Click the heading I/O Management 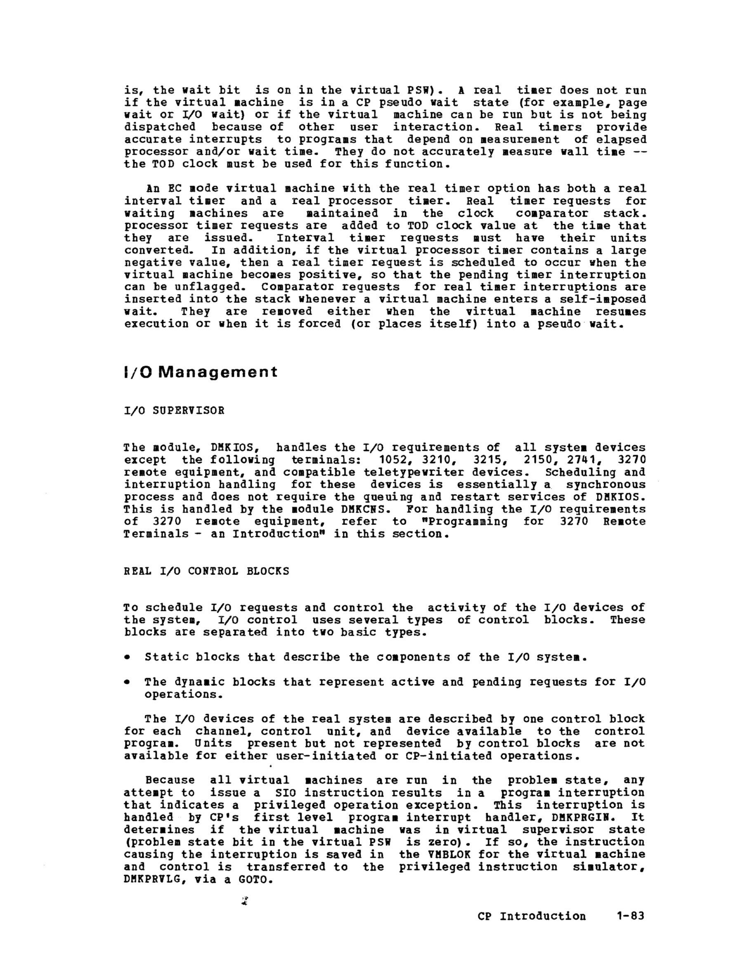tap(200, 372)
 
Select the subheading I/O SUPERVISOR tap(174, 411)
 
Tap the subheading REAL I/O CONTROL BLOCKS tap(206, 571)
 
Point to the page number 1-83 tap(630, 916)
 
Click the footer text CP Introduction tap(532, 916)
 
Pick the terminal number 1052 tap(394, 460)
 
